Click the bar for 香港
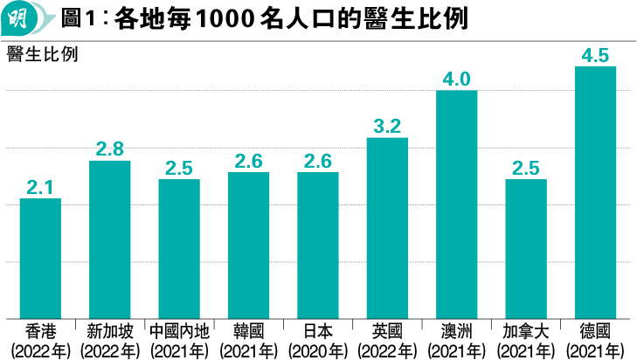(40, 259)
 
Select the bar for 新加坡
(109, 239)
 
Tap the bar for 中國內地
(179, 249)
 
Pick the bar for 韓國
(248, 246)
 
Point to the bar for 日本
(318, 246)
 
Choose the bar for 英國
(387, 228)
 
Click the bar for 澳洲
(456, 204)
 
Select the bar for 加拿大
(526, 249)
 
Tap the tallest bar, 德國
(595, 192)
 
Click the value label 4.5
(595, 55)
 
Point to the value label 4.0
(456, 79)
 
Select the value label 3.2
(387, 126)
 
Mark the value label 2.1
(40, 187)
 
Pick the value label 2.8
(109, 149)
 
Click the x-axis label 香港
(40, 332)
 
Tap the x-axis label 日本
(318, 332)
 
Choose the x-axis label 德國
(595, 332)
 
